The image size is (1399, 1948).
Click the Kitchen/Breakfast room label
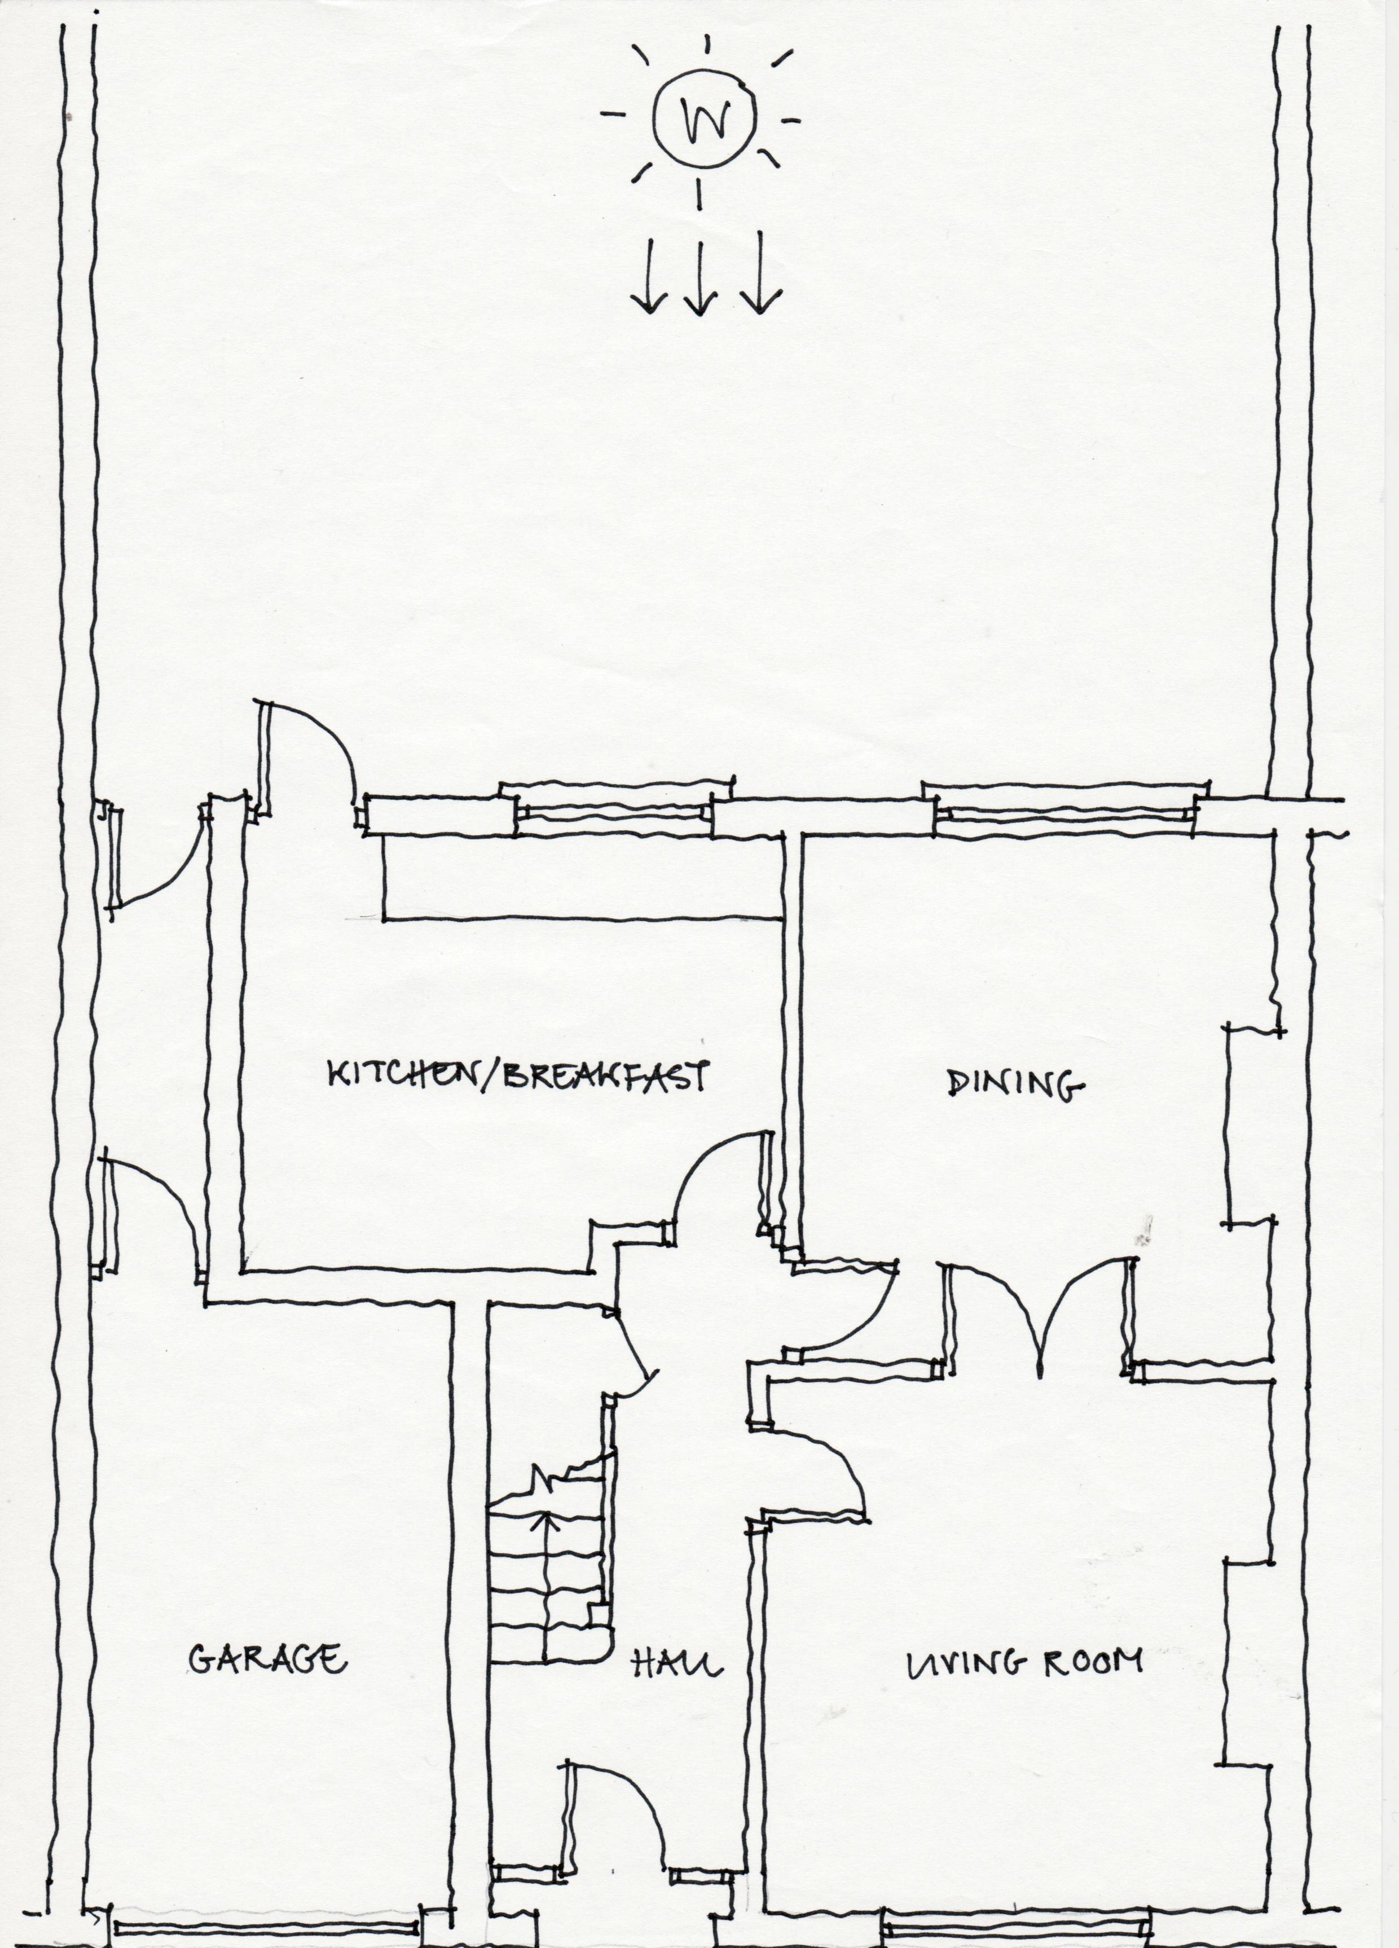pos(518,1076)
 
